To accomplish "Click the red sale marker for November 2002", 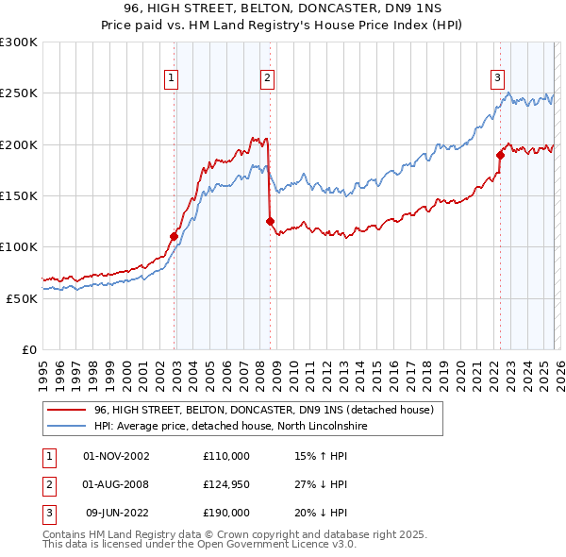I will (175, 236).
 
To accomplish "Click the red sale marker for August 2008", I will (270, 221).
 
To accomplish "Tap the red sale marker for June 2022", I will (500, 155).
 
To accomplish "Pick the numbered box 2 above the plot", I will (268, 78).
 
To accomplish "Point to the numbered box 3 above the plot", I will (497, 78).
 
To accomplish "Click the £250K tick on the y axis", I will (19, 93).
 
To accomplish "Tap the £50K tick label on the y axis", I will (22, 298).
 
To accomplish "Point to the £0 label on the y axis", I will (29, 349).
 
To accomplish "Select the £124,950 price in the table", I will (225, 484).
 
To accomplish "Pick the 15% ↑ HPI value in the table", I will (321, 456).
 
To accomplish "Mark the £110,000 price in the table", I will (225, 456).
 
